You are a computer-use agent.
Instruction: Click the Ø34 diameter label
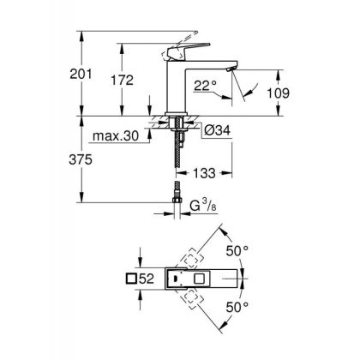click(215, 130)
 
